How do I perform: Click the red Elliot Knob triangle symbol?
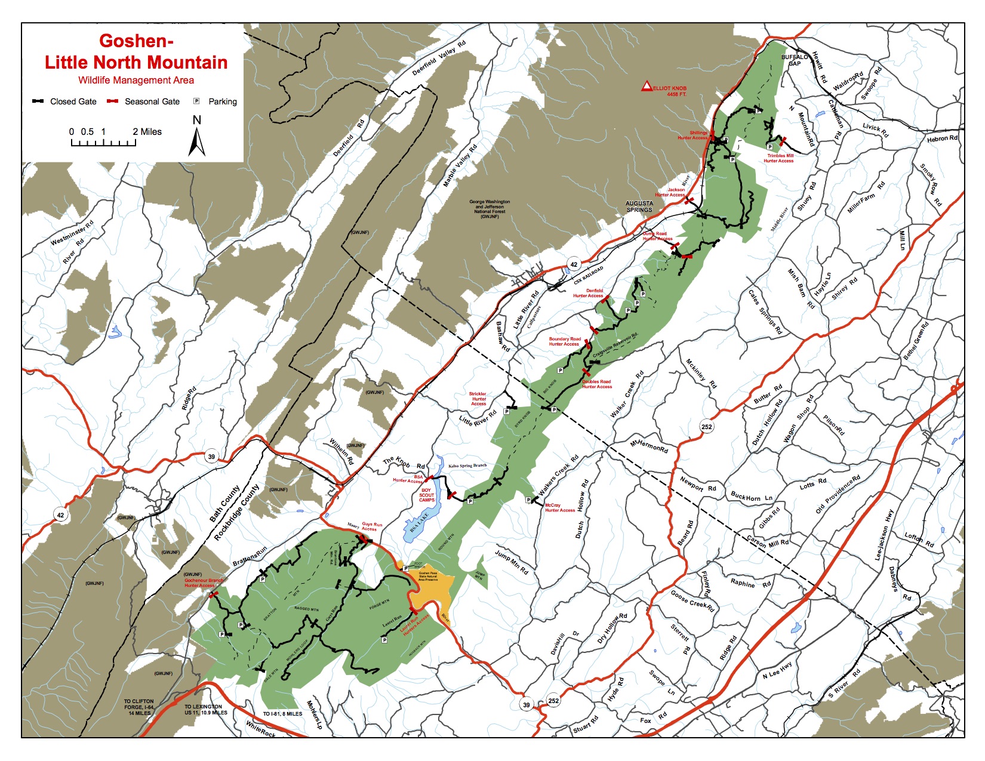pos(647,87)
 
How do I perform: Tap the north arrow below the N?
pos(197,143)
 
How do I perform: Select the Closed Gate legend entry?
pos(64,101)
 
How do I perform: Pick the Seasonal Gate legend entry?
pos(143,101)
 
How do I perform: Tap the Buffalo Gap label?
pos(794,60)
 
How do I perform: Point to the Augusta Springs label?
pos(639,207)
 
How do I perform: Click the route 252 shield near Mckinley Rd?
pos(707,426)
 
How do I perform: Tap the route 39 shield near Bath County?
pos(211,457)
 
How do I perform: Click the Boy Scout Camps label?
pos(427,495)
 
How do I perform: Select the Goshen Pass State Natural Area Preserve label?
pos(429,576)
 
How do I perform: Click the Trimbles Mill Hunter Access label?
pos(779,158)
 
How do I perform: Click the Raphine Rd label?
pos(750,583)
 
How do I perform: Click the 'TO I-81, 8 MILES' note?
pos(282,713)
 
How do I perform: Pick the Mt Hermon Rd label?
pos(650,446)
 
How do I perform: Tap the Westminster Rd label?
pos(72,233)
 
